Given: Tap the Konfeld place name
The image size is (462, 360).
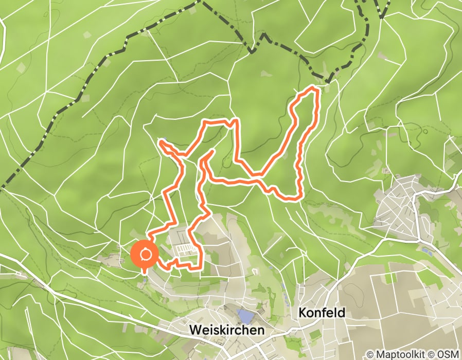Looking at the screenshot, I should click(321, 313).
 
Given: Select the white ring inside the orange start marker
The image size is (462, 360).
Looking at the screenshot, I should click(144, 255).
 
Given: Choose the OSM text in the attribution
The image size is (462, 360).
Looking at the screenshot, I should click(448, 354).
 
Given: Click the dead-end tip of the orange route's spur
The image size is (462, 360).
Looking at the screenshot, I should click(213, 150).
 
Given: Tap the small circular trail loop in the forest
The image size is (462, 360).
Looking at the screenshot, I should click(425, 131).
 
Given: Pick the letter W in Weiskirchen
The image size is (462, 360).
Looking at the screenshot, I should click(194, 330).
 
